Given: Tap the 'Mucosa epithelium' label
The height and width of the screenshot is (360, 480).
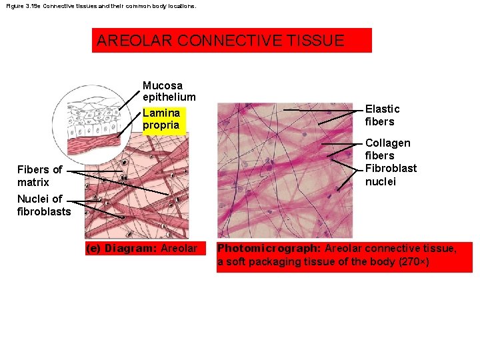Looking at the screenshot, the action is pyautogui.click(x=169, y=91).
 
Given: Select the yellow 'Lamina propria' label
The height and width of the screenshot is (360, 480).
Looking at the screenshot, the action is pyautogui.click(x=161, y=119).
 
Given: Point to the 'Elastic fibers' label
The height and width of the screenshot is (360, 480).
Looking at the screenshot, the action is pyautogui.click(x=382, y=115).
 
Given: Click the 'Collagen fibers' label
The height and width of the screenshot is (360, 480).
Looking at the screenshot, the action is pyautogui.click(x=387, y=149).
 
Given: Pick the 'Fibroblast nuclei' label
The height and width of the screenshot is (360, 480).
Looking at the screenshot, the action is pyautogui.click(x=391, y=175).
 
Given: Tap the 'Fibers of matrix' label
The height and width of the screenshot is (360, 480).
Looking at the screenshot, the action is pyautogui.click(x=39, y=176).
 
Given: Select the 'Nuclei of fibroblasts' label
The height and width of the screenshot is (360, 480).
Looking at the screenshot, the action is pyautogui.click(x=43, y=205).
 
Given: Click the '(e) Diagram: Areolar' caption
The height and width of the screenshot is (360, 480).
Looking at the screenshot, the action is pyautogui.click(x=141, y=249).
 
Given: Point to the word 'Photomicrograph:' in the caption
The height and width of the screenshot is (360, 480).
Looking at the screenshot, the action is pyautogui.click(x=269, y=249).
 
